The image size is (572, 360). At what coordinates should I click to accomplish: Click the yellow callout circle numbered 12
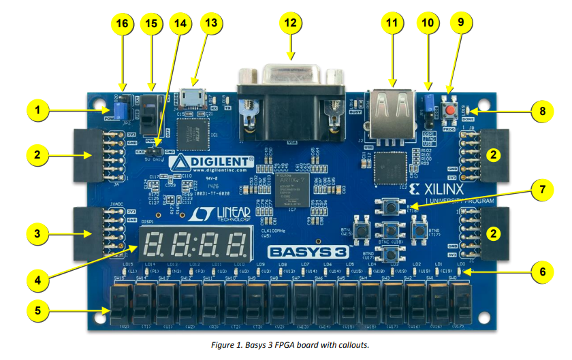291,23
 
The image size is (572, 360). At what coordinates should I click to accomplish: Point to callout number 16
122,23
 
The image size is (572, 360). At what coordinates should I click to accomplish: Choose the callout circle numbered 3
39,233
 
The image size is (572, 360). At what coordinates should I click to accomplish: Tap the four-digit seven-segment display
193,243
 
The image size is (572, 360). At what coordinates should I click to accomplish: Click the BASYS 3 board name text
302,250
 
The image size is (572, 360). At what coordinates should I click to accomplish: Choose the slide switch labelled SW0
462,303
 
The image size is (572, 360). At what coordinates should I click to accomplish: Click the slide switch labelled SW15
122,303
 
